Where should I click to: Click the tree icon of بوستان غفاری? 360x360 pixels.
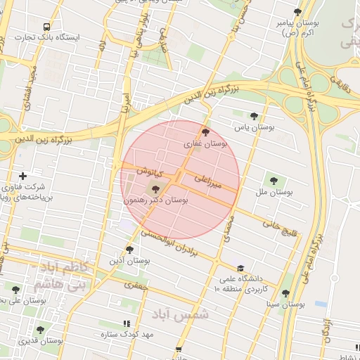[x=205, y=131]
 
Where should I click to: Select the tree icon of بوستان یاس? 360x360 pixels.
[x=254, y=116]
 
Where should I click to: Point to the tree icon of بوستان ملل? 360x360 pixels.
[x=274, y=180]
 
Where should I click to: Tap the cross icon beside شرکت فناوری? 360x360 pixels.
[x=22, y=175]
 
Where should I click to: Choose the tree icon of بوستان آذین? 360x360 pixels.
[x=129, y=249]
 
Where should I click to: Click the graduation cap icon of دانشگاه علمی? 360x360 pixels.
[x=241, y=268]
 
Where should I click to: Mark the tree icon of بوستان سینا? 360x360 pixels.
[x=285, y=294]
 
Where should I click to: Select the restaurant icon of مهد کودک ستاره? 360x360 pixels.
[x=127, y=323]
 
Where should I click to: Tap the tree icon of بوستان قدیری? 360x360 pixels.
[x=39, y=329]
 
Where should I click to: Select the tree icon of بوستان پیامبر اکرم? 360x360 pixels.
[x=297, y=12]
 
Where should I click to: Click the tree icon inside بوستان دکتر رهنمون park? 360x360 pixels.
[x=155, y=188]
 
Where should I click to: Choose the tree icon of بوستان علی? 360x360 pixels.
[x=15, y=289]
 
